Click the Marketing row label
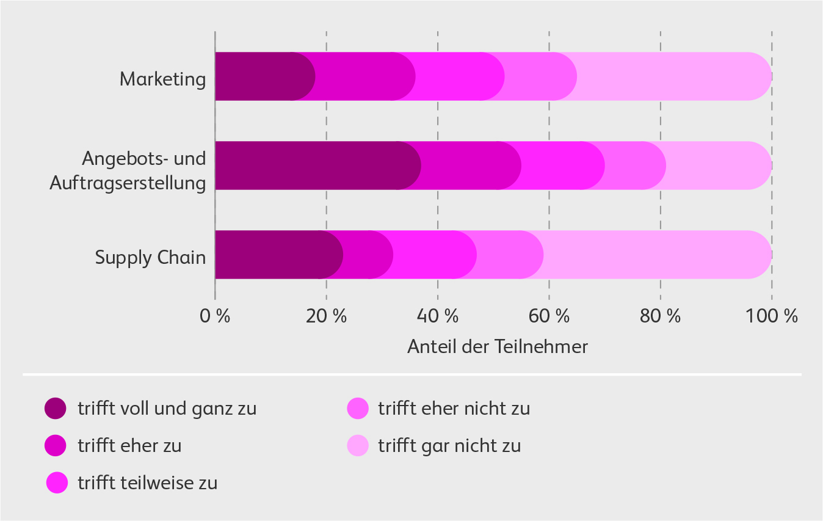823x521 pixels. point(162,79)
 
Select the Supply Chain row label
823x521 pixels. point(150,258)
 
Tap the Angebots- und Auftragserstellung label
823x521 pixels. point(128,170)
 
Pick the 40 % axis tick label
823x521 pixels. point(437,316)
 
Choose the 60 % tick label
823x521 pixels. point(548,316)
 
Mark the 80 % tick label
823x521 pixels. point(659,316)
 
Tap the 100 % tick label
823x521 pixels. point(771,316)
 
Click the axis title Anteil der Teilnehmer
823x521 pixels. point(497,347)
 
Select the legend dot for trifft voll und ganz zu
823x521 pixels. point(56,409)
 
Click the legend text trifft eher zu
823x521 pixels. point(129,446)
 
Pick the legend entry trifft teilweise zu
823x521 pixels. point(147,483)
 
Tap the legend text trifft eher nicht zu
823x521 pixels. point(454,409)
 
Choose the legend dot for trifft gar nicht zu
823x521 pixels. point(358,446)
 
